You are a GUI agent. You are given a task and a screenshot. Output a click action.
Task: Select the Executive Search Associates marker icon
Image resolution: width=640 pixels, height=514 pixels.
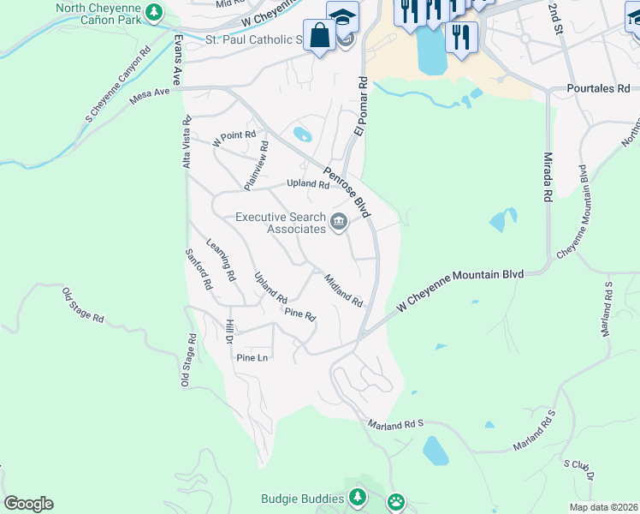tap(339, 223)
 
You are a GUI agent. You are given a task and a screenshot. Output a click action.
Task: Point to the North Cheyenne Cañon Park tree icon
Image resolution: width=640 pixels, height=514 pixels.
tap(154, 12)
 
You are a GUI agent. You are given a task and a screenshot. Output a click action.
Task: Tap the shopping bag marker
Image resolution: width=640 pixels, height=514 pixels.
tap(320, 36)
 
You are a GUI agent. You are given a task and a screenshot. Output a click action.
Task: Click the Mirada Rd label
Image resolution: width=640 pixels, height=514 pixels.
tap(547, 177)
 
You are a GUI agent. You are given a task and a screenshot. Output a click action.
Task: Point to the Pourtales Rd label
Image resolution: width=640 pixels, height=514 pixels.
tap(598, 88)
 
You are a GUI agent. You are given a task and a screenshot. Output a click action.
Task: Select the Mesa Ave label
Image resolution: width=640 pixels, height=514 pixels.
tap(150, 96)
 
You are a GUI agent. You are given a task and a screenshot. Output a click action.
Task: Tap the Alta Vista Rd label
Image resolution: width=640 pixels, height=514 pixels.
tap(187, 142)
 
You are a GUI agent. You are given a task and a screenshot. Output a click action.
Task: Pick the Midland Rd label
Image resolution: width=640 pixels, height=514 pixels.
tap(344, 290)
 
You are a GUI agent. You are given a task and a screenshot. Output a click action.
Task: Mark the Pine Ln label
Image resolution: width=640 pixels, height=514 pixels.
tap(252, 357)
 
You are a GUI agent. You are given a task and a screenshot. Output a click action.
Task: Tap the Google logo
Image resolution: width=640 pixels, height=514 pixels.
tap(28, 504)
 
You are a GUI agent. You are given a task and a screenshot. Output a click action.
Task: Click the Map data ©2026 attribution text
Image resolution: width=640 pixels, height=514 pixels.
tap(603, 507)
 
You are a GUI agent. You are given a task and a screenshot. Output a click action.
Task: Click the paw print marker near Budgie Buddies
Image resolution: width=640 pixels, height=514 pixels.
tap(396, 501)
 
